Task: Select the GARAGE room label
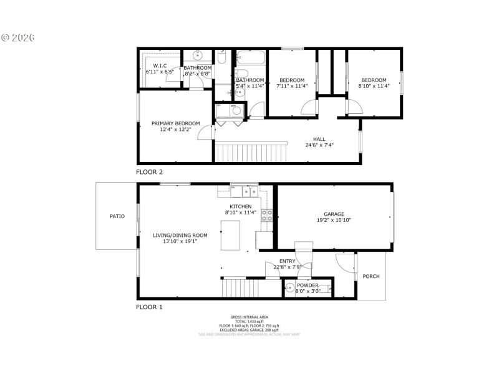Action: pos(334,214)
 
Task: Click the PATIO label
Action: pos(117,216)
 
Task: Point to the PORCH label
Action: pos(371,276)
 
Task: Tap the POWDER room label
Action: pos(308,285)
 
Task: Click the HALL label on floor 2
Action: pos(319,140)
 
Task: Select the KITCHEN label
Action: pos(240,206)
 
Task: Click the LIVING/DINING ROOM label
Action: pos(180,235)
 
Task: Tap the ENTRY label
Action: pos(288,261)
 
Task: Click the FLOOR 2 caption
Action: pos(150,171)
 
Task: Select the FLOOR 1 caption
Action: pos(150,307)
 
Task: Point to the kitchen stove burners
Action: pos(266,216)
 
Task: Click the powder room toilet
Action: pos(291,287)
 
